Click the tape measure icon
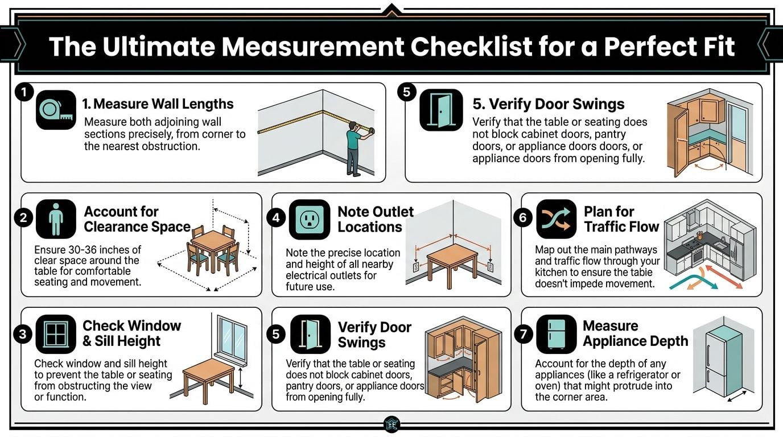56,110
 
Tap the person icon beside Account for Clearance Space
56,218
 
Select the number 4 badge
276,219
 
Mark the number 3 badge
23,334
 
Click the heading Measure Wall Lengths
158,104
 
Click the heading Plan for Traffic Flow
621,219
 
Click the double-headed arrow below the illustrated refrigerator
737,396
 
